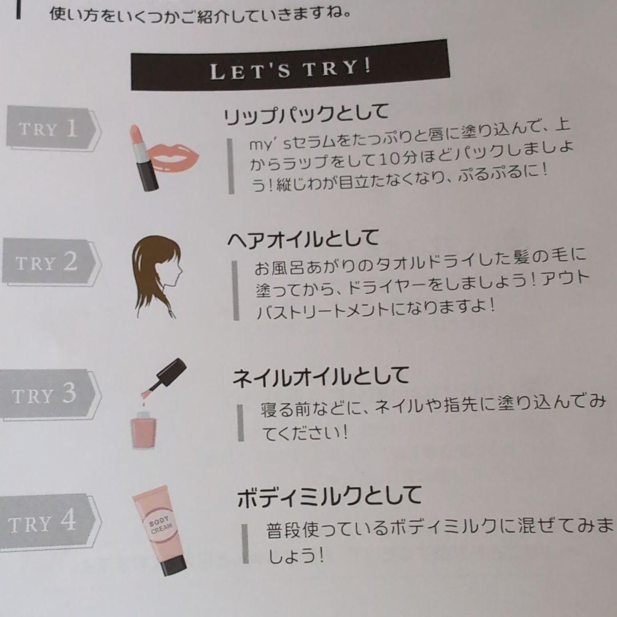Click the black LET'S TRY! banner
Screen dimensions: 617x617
click(290, 65)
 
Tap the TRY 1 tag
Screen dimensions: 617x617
click(53, 129)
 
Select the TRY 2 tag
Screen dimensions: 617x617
click(51, 262)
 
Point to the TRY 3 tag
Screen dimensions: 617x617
click(49, 394)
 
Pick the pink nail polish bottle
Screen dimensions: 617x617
click(143, 430)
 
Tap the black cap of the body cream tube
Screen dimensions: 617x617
click(173, 563)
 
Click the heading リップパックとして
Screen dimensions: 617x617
click(306, 114)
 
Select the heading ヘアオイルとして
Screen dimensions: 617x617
click(303, 238)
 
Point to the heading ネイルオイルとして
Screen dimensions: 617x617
click(320, 376)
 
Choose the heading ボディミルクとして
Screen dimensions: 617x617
click(330, 496)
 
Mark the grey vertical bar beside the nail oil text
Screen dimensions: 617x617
click(241, 423)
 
